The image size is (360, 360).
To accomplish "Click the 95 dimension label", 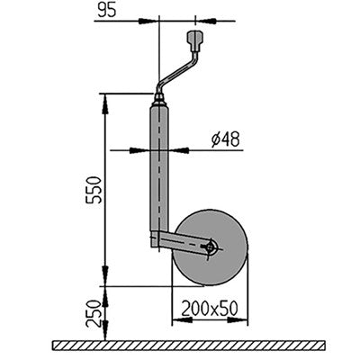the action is (x=106, y=11).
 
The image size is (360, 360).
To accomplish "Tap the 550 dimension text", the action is (x=93, y=190).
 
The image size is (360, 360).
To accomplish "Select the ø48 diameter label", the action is (x=226, y=139).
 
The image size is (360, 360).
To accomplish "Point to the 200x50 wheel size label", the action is (x=210, y=309).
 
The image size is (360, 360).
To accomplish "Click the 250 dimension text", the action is (x=93, y=314).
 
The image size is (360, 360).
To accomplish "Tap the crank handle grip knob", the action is (x=195, y=40).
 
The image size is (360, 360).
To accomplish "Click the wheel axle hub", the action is (x=211, y=247).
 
